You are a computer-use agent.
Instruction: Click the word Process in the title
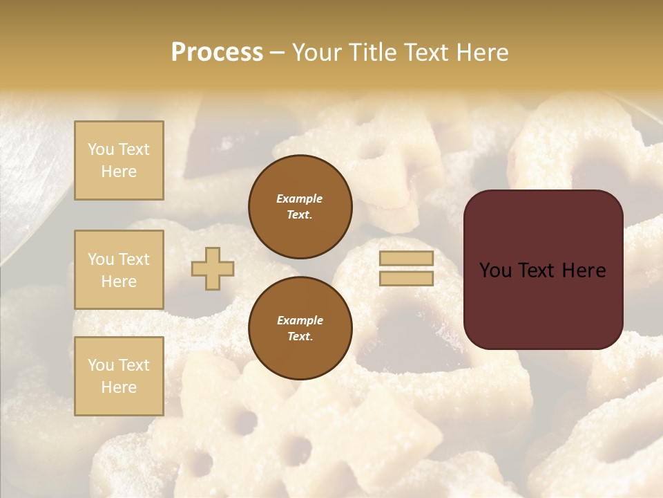point(217,53)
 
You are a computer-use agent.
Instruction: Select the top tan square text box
point(119,160)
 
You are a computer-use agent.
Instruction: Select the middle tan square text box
point(119,270)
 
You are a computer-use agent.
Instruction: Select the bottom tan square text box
point(119,376)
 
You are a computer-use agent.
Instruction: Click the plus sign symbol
point(213,268)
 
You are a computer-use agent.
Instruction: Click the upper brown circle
point(300,206)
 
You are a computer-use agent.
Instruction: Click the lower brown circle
point(300,328)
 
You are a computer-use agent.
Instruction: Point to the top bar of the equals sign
point(406,259)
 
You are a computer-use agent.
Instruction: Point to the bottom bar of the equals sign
point(406,278)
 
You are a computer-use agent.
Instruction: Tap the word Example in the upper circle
point(300,199)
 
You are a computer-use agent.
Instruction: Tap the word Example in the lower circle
point(300,320)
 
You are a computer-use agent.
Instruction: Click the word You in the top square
point(101,149)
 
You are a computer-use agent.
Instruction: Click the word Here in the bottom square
point(119,387)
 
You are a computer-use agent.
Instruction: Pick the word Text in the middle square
point(133,259)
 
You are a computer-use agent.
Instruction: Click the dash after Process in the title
point(277,53)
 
